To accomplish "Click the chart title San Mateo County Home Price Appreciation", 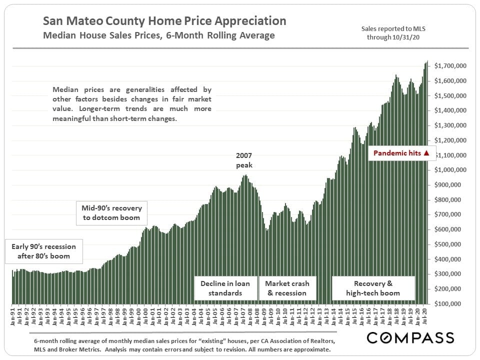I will pyautogui.click(x=164, y=21).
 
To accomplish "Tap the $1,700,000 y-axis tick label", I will pyautogui.click(x=450, y=66).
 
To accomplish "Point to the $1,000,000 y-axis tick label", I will pyautogui.click(x=450, y=170).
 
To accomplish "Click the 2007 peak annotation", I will pyautogui.click(x=245, y=160).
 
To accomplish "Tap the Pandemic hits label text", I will pyautogui.click(x=397, y=153).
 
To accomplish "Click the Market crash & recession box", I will pyautogui.click(x=287, y=288).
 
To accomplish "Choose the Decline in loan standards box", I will pyautogui.click(x=225, y=288).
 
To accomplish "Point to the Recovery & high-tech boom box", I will pyautogui.click(x=373, y=288).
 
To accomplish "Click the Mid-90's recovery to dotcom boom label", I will pyautogui.click(x=111, y=212).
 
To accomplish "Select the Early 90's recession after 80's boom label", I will pyautogui.click(x=43, y=251).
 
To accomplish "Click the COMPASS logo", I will pyautogui.click(x=410, y=337).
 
